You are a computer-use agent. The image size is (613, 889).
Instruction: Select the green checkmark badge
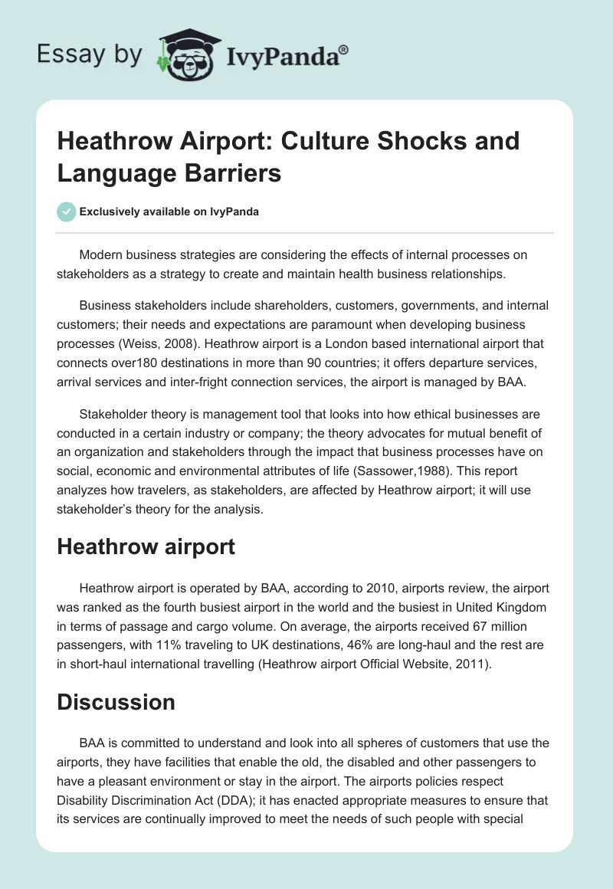pos(66,212)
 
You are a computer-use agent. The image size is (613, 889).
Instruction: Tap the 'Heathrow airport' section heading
pos(146,546)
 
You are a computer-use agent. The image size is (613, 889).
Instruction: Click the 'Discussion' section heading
pos(116,701)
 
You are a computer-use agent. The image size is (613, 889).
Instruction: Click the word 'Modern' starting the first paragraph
pos(101,254)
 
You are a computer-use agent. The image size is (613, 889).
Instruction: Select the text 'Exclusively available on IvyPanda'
pos(169,212)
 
